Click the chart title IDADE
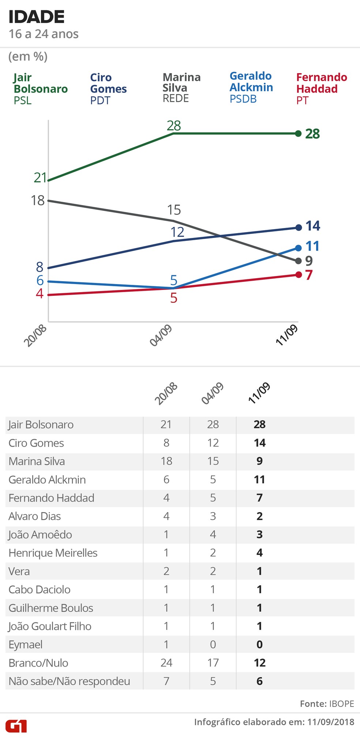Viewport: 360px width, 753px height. click(36, 17)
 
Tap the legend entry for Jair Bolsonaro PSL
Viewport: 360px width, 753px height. click(40, 89)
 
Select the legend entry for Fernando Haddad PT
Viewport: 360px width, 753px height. click(321, 89)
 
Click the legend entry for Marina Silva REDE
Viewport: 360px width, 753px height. click(181, 88)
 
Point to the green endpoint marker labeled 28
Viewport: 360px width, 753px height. click(298, 134)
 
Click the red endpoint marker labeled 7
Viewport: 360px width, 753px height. click(298, 275)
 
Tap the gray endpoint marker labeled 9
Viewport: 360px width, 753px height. click(298, 261)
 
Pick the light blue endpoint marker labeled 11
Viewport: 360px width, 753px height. click(298, 248)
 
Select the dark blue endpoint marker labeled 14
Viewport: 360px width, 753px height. click(298, 228)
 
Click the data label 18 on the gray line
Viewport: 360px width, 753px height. click(38, 201)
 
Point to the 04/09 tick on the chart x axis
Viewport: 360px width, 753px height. click(161, 336)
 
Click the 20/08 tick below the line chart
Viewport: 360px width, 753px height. click(36, 336)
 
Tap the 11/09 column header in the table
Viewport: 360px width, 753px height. click(259, 393)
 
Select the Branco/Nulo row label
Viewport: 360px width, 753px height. click(38, 663)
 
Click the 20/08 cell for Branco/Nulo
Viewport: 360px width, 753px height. click(166, 663)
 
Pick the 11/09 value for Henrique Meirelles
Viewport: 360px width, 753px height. click(259, 553)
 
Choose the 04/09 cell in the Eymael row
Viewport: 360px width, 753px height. click(213, 645)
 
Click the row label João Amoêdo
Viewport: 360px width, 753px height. click(40, 534)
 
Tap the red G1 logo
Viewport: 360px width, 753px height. click(16, 726)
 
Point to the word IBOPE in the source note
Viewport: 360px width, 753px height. click(342, 704)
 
